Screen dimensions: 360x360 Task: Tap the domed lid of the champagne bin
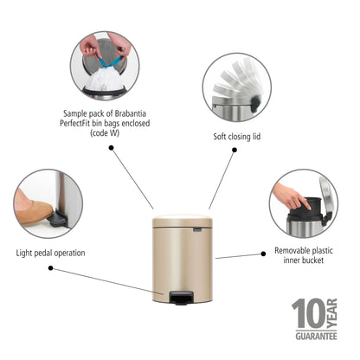click(x=183, y=222)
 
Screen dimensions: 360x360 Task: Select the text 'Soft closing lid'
click(x=236, y=136)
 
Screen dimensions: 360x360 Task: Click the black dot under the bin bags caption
click(x=112, y=147)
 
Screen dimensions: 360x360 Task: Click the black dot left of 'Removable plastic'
click(x=263, y=253)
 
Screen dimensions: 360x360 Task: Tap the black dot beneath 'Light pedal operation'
click(x=51, y=267)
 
